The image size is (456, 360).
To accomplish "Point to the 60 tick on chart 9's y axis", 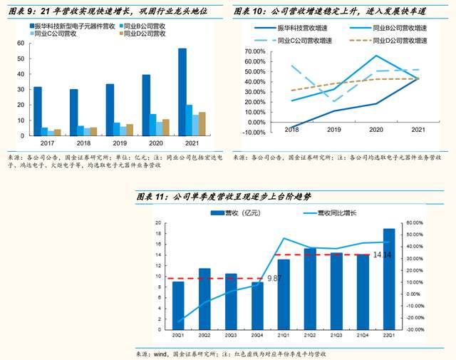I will pos(20,43).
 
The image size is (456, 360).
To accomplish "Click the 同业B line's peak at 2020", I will pos(376,56).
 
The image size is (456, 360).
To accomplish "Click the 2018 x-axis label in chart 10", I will pos(291,129).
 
